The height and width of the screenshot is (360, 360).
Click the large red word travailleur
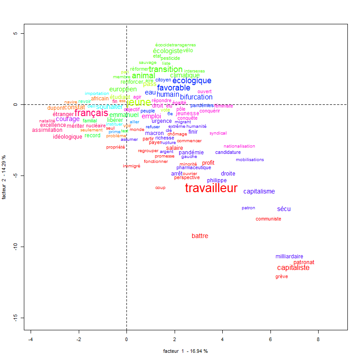(211, 189)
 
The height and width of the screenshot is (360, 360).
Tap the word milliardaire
(289, 256)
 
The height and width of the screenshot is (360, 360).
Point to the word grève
(281, 277)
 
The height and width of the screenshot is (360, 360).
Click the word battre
(200, 236)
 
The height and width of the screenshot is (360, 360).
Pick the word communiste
(268, 219)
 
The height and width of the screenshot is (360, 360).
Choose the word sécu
(284, 209)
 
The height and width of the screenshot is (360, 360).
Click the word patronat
(304, 262)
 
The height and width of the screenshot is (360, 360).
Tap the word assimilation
(47, 130)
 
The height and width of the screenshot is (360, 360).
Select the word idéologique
(67, 137)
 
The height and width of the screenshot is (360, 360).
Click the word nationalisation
(239, 146)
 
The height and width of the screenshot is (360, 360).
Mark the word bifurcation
(196, 97)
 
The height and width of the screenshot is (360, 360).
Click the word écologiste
(168, 51)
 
